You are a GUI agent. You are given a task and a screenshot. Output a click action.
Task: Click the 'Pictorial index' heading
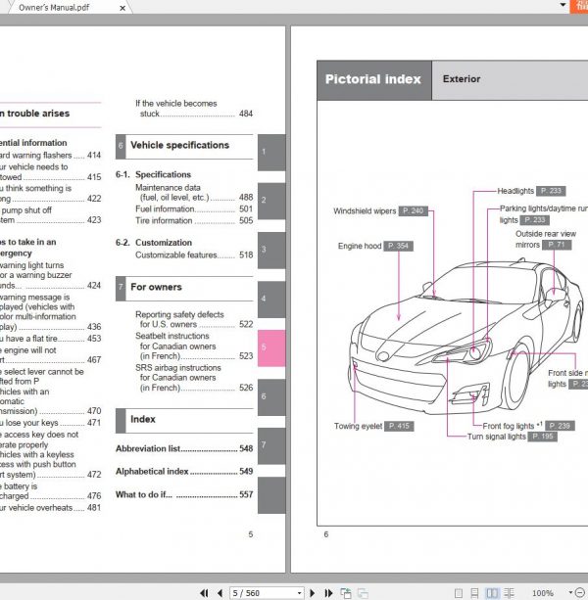373,79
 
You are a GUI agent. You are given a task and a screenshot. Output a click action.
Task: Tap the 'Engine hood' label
360,246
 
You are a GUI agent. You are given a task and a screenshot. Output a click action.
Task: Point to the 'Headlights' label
515,192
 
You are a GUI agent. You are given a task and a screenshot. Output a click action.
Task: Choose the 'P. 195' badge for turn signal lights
543,437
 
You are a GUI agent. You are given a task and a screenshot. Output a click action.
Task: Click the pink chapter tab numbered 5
271,347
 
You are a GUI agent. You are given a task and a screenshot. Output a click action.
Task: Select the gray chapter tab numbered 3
271,250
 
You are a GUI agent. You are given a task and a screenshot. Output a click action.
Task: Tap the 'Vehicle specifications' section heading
179,146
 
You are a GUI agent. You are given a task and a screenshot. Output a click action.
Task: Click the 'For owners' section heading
156,288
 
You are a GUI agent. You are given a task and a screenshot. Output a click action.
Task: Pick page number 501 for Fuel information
245,209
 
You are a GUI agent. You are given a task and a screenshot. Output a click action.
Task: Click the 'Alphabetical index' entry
152,472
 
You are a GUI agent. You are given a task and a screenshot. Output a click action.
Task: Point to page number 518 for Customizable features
245,255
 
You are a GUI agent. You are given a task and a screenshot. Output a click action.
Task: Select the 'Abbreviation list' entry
148,448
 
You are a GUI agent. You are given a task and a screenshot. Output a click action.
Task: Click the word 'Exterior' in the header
462,79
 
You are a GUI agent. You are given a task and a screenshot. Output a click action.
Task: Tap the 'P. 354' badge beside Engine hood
398,246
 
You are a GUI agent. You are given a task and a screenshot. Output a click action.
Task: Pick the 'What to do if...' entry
144,494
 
